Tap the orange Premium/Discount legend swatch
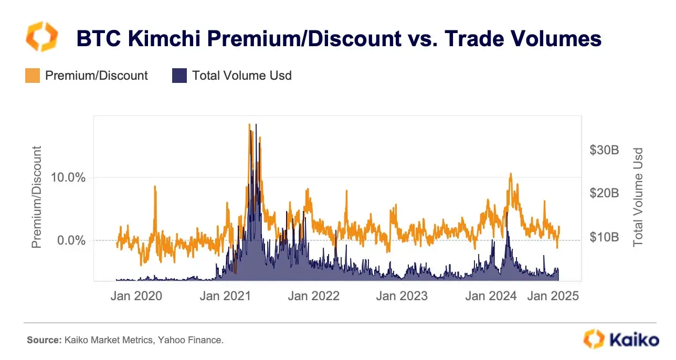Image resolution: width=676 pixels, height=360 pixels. point(32,76)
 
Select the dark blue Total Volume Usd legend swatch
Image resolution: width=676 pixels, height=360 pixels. point(179,76)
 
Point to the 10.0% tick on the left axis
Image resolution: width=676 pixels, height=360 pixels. point(68,177)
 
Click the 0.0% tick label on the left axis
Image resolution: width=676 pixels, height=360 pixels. point(71,240)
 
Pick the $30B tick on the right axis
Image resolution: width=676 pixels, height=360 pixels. point(605,150)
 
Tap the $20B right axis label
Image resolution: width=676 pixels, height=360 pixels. point(605,193)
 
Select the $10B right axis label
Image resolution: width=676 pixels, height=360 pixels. point(605,237)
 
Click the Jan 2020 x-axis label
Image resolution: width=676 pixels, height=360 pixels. point(136,296)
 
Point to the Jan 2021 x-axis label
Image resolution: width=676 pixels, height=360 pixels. point(225,296)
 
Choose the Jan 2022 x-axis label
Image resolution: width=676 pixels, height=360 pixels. point(314,296)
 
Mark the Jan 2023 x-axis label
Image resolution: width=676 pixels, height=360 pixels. point(402,296)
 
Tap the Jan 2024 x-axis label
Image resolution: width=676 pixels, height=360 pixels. point(491,296)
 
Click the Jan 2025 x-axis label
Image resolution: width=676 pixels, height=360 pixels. point(553,296)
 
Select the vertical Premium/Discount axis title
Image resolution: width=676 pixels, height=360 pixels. point(37,198)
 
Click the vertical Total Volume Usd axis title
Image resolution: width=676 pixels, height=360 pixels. point(638,198)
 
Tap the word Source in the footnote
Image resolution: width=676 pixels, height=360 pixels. point(43,341)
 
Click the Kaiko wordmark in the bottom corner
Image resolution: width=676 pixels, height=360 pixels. point(633,338)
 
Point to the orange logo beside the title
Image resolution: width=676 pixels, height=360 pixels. point(41,37)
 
